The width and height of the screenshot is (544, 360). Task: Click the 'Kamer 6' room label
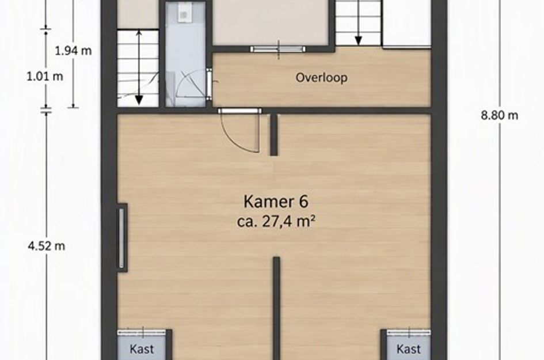tap(276, 202)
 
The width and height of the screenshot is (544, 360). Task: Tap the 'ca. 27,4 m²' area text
tap(276, 221)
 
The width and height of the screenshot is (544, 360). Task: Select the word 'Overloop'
tap(321, 77)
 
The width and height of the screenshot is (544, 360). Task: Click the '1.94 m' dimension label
tap(73, 51)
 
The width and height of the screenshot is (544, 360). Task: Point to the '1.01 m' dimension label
tap(45, 76)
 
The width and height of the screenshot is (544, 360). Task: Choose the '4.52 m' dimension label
tap(46, 246)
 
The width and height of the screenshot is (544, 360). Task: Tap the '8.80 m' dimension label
tap(499, 115)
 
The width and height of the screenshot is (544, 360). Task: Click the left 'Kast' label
tap(142, 349)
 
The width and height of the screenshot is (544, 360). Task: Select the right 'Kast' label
tap(408, 349)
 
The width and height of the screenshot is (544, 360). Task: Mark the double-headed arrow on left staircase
tap(139, 67)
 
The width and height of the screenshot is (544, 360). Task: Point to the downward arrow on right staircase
tap(359, 34)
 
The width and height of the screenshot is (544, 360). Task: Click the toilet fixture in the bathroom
tap(182, 13)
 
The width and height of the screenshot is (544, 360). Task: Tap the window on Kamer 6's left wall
tap(122, 238)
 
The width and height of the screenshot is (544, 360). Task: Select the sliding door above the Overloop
tap(278, 50)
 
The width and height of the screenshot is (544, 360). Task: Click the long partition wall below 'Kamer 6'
tap(276, 308)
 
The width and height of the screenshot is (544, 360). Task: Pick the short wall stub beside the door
tap(274, 135)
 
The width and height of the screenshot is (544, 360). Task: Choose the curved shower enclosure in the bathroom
tap(191, 87)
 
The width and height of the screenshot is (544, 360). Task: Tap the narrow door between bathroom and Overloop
tap(209, 84)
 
